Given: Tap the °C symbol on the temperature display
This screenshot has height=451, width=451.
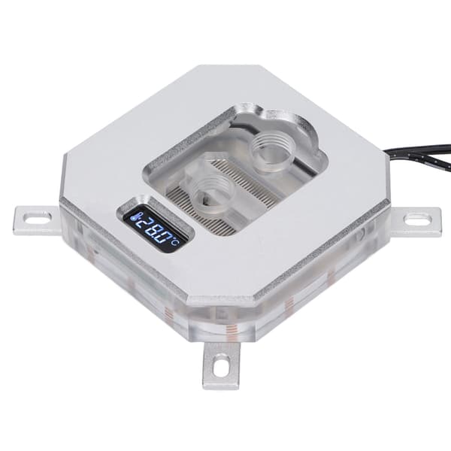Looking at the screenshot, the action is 175,243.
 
